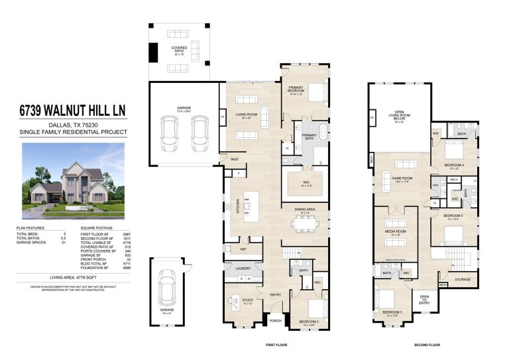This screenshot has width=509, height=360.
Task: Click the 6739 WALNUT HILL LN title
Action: click(72, 110)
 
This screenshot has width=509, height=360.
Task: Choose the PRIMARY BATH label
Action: click(310, 136)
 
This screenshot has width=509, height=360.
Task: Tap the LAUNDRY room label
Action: click(233, 269)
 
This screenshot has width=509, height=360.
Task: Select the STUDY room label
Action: click(247, 301)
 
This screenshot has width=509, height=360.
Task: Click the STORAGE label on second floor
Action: click(462, 279)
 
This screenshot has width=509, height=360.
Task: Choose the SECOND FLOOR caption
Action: click(427, 345)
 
